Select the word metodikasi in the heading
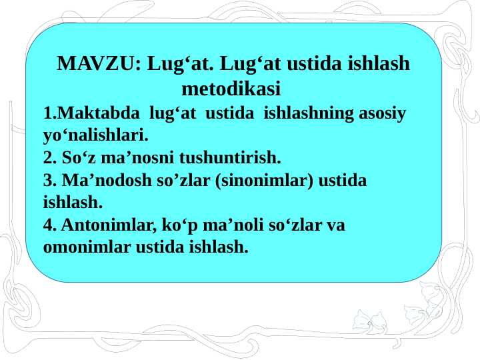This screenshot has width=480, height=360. pyautogui.click(x=231, y=88)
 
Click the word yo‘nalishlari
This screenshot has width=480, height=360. pyautogui.click(x=95, y=136)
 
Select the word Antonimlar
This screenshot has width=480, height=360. pyautogui.click(x=99, y=225)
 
